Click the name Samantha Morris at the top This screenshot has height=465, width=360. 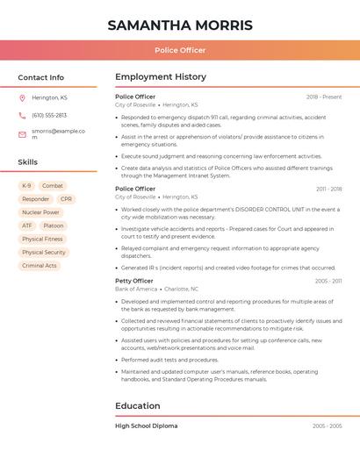pos(180,25)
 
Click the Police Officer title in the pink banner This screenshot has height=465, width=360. pos(180,50)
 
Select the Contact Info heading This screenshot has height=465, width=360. pos(41,77)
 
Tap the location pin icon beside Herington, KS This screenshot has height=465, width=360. pos(22,97)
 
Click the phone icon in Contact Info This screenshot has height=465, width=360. pos(22,115)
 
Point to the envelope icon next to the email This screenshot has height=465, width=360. pos(22,133)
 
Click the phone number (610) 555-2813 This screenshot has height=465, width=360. pos(49,115)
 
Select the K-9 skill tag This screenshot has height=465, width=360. pos(26,186)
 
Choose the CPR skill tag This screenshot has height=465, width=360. pos(67,199)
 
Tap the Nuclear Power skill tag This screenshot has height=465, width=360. pos(40,212)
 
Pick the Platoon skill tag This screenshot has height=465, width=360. pos(54,225)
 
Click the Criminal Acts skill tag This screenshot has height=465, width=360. pos(40,266)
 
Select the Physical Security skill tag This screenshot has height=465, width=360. pos(44,253)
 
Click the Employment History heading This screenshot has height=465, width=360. pos(161,77)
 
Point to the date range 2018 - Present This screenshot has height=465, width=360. pos(324,97)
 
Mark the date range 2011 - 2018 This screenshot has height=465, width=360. pos(329,189)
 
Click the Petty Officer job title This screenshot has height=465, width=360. pos(134,281)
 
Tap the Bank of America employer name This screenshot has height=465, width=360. pos(136,289)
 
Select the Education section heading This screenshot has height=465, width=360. pos(138,406)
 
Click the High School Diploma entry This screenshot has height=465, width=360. pos(147,426)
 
